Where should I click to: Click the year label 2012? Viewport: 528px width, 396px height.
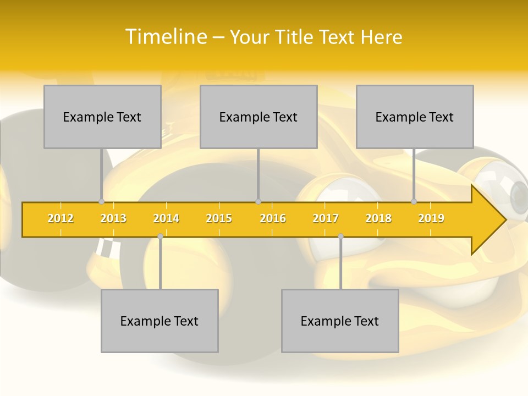(61, 218)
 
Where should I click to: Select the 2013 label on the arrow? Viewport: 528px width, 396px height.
(113, 218)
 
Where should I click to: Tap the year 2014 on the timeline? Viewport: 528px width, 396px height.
(166, 218)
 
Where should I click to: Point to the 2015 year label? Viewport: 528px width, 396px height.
(219, 218)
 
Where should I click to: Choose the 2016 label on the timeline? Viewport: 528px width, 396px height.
(273, 218)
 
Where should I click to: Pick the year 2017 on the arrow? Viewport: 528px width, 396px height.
(326, 218)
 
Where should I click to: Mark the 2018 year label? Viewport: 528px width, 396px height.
(378, 218)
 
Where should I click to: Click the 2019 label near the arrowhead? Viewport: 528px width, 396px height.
(431, 218)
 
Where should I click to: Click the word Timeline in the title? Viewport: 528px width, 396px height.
(165, 37)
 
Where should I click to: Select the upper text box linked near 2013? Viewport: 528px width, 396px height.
(102, 117)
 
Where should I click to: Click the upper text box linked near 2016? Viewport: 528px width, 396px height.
(258, 117)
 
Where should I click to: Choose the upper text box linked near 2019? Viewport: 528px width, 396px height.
(415, 117)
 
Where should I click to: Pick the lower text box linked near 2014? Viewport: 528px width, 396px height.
(159, 321)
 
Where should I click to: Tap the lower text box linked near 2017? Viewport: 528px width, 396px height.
(340, 321)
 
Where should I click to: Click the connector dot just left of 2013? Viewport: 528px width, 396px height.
(102, 202)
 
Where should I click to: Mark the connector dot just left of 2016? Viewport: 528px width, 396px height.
(258, 202)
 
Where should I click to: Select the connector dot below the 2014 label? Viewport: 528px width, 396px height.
(160, 236)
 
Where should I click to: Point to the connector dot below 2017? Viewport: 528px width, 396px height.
(340, 236)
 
